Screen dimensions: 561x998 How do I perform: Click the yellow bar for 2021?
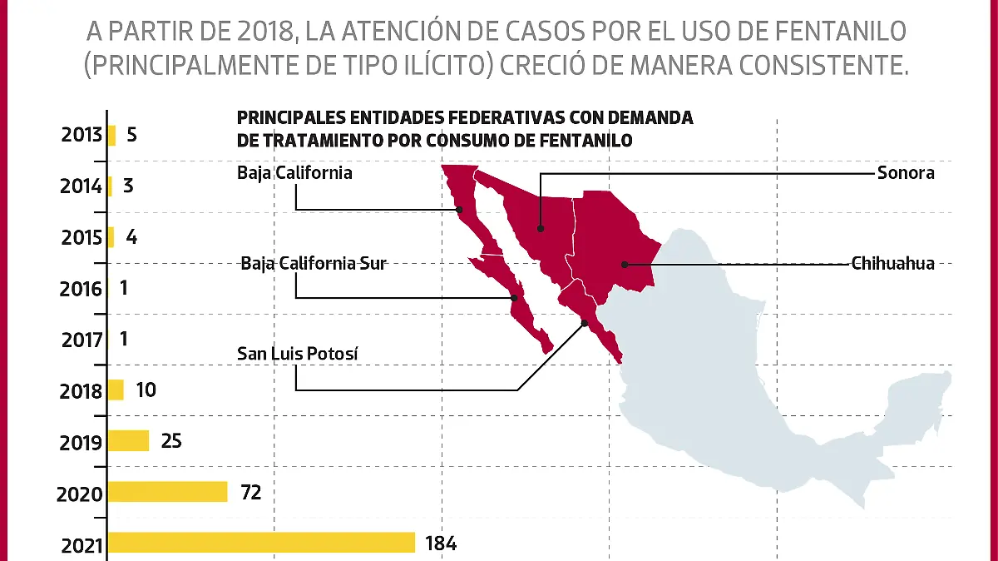pyautogui.click(x=261, y=543)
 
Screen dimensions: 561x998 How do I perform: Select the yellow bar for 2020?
pyautogui.click(x=167, y=492)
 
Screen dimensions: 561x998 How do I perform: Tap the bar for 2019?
pyautogui.click(x=128, y=440)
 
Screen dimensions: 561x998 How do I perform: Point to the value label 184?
pyautogui.click(x=440, y=544)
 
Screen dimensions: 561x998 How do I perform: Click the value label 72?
pyautogui.click(x=250, y=493)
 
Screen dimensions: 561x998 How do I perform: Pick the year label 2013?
pyautogui.click(x=82, y=136)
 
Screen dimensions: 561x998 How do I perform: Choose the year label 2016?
pyautogui.click(x=81, y=290)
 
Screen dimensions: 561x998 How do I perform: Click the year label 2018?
pyautogui.click(x=81, y=391)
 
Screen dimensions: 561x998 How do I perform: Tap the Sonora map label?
pyautogui.click(x=906, y=173)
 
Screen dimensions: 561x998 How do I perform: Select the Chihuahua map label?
pyautogui.click(x=892, y=264)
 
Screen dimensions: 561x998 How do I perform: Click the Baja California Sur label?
pyautogui.click(x=314, y=264)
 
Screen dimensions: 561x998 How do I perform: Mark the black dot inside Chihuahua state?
pyautogui.click(x=624, y=265)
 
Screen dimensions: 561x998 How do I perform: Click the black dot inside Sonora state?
pyautogui.click(x=541, y=228)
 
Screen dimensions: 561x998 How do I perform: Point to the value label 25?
pyautogui.click(x=171, y=441)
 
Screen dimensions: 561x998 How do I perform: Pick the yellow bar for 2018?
pyautogui.click(x=116, y=390)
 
